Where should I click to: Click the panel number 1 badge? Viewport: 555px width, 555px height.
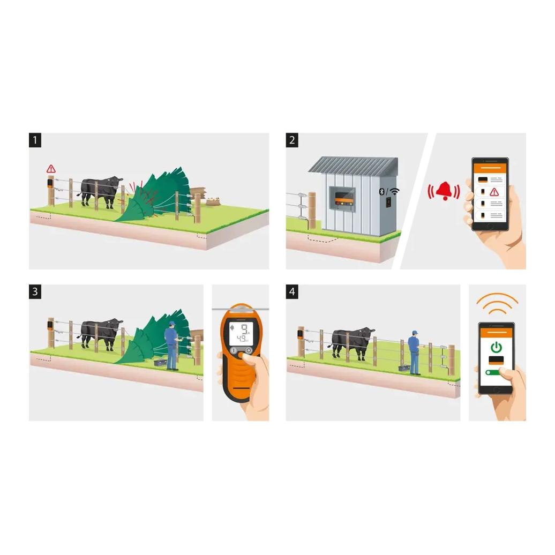[x=35, y=140]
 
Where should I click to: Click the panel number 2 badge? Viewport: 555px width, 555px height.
[x=292, y=140]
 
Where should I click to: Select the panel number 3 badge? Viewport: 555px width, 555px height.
[x=35, y=291]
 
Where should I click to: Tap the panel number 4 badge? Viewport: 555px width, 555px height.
[x=292, y=291]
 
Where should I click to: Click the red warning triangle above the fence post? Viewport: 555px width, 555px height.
[x=51, y=169]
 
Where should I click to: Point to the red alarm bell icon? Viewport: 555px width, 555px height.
[x=444, y=191]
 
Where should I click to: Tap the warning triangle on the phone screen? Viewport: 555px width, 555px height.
[x=494, y=192]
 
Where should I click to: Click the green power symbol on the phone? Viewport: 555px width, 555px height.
[x=496, y=347]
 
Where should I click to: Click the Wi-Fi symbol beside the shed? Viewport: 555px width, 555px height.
[x=395, y=191]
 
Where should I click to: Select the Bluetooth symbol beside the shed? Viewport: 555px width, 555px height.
[x=381, y=191]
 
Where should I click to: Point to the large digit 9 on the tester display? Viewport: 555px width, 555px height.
[x=244, y=329]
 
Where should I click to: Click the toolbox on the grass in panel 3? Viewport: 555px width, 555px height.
[x=160, y=363]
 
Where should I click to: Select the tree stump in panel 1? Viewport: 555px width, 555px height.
[x=213, y=201]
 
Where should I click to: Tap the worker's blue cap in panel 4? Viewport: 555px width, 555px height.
[x=415, y=332]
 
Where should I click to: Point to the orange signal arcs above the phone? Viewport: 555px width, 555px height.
[x=497, y=303]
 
